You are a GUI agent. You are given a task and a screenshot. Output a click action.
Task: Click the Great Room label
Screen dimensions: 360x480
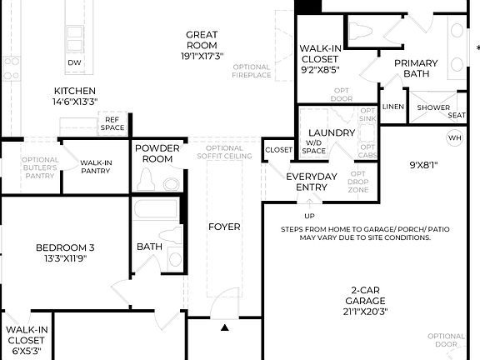tap(202, 40)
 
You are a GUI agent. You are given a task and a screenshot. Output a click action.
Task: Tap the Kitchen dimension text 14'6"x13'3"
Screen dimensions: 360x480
tap(75, 102)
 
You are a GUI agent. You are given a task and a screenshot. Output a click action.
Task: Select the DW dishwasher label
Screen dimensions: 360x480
tap(75, 62)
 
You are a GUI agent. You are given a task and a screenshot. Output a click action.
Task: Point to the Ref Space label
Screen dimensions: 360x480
tap(112, 123)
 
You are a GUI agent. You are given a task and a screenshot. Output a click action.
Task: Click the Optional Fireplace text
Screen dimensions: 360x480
tap(252, 71)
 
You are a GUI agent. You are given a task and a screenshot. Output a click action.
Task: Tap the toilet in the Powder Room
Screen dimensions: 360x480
tap(148, 181)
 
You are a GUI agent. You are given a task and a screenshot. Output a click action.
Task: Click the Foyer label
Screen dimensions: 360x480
tap(224, 226)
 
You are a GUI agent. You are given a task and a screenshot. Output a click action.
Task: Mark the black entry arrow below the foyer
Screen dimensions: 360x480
tap(224, 327)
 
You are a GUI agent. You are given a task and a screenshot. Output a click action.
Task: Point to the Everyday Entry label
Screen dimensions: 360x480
tap(311, 182)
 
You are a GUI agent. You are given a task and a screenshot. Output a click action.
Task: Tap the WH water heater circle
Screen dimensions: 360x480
tap(455, 137)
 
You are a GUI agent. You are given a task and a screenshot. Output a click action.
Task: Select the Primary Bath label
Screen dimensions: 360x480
tap(416, 68)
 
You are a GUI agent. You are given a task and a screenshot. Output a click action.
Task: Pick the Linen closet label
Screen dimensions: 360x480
tap(392, 107)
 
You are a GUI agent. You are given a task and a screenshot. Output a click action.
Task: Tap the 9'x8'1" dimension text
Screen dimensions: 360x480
tap(423, 164)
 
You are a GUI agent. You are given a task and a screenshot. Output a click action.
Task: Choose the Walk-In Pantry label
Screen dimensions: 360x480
tap(96, 167)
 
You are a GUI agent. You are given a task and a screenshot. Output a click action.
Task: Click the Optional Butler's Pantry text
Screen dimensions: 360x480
tap(40, 167)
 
